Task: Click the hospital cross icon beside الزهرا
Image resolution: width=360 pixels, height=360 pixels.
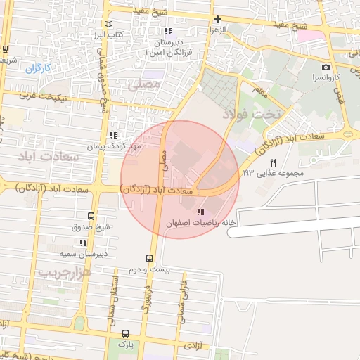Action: tap(217, 20)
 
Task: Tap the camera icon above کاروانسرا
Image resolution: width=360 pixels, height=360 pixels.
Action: tap(326, 66)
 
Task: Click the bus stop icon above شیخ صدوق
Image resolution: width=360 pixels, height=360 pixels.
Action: tap(90, 217)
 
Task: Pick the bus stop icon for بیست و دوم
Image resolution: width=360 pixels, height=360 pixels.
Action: tap(148, 258)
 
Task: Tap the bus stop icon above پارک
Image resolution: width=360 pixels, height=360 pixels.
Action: tap(125, 333)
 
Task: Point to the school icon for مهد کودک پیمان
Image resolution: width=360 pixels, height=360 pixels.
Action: tap(113, 136)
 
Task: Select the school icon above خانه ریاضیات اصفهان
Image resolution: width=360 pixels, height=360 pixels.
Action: tap(202, 212)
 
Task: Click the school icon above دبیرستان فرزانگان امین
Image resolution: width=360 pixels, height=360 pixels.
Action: tap(167, 31)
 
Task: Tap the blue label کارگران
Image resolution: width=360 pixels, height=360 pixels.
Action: tap(40, 68)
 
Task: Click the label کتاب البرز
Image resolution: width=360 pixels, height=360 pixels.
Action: tap(109, 34)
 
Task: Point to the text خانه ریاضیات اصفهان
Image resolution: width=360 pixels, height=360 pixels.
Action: tap(198, 223)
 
